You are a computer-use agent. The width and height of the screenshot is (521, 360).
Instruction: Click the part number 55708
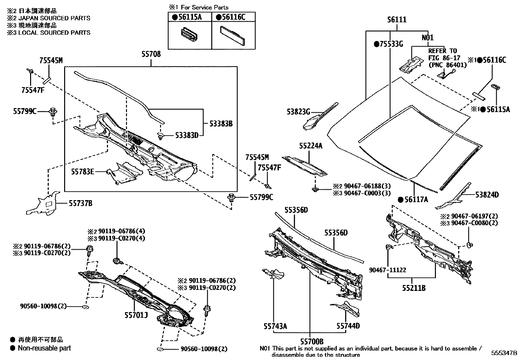click(x=151, y=54)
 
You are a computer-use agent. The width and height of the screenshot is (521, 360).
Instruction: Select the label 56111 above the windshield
click(x=397, y=20)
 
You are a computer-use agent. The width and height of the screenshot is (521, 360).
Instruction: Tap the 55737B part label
click(x=80, y=203)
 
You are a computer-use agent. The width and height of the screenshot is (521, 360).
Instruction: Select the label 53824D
click(x=487, y=195)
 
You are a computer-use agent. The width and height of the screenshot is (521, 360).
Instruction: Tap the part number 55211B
click(x=414, y=288)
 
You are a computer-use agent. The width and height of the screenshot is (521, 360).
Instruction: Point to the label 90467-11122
click(x=387, y=270)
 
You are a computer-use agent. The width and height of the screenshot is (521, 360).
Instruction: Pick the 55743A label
click(x=276, y=326)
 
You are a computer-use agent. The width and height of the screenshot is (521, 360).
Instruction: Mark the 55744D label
click(x=348, y=326)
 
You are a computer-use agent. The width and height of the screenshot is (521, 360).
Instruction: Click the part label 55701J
click(x=136, y=315)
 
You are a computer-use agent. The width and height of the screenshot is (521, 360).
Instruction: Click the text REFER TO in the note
click(x=442, y=51)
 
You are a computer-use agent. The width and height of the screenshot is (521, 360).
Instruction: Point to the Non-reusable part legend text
click(x=44, y=348)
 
